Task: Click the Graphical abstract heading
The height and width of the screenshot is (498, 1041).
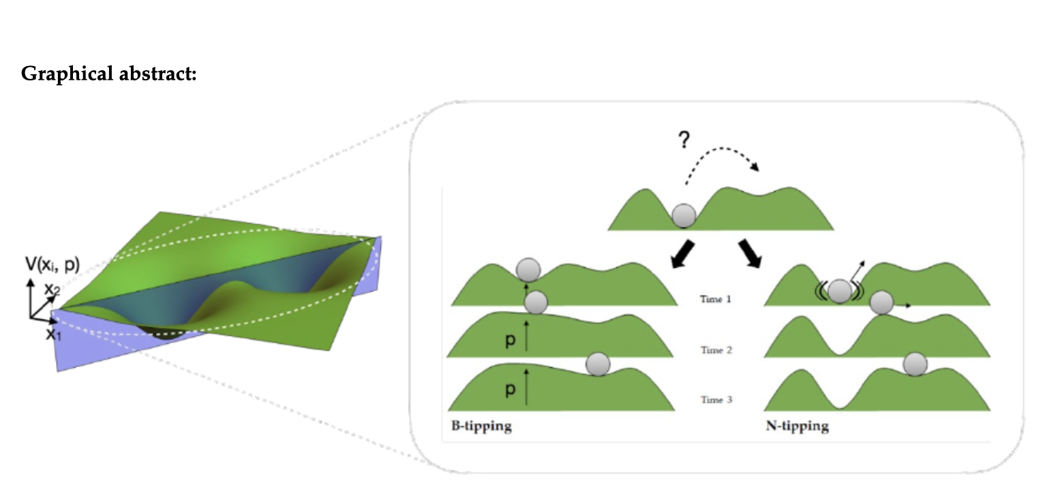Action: pyautogui.click(x=109, y=74)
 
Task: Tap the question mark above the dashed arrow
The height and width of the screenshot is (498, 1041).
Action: pyautogui.click(x=684, y=140)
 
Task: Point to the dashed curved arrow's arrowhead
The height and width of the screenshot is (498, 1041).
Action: pyautogui.click(x=755, y=167)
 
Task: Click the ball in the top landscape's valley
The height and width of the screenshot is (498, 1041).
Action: pyautogui.click(x=684, y=215)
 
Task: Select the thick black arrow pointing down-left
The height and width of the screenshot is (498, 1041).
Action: pyautogui.click(x=683, y=254)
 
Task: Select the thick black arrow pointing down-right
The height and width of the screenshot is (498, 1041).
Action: pyautogui.click(x=750, y=253)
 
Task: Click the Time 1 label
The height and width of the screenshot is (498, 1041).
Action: pyautogui.click(x=716, y=299)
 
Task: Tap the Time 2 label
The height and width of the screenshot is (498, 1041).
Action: pyautogui.click(x=716, y=350)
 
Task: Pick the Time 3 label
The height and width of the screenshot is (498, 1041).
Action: pyautogui.click(x=716, y=399)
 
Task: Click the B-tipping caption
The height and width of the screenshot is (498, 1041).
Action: pyautogui.click(x=481, y=426)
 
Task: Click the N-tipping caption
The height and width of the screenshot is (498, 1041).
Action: pyautogui.click(x=798, y=426)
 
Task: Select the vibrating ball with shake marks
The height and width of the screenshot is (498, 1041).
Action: pyautogui.click(x=839, y=292)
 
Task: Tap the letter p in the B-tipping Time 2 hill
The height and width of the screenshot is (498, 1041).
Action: pyautogui.click(x=511, y=341)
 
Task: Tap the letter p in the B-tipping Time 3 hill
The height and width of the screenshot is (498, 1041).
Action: pyautogui.click(x=511, y=389)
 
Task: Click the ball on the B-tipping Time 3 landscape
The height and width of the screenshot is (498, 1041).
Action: pyautogui.click(x=598, y=364)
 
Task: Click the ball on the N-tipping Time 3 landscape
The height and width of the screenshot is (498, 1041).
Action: pyautogui.click(x=915, y=364)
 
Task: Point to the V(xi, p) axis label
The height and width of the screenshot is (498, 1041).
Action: pyautogui.click(x=52, y=265)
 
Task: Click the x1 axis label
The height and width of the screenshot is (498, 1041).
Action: pyautogui.click(x=53, y=334)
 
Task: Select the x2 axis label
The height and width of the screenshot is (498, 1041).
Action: pyautogui.click(x=52, y=290)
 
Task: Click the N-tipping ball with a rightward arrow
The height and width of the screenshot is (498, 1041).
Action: pyautogui.click(x=881, y=303)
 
